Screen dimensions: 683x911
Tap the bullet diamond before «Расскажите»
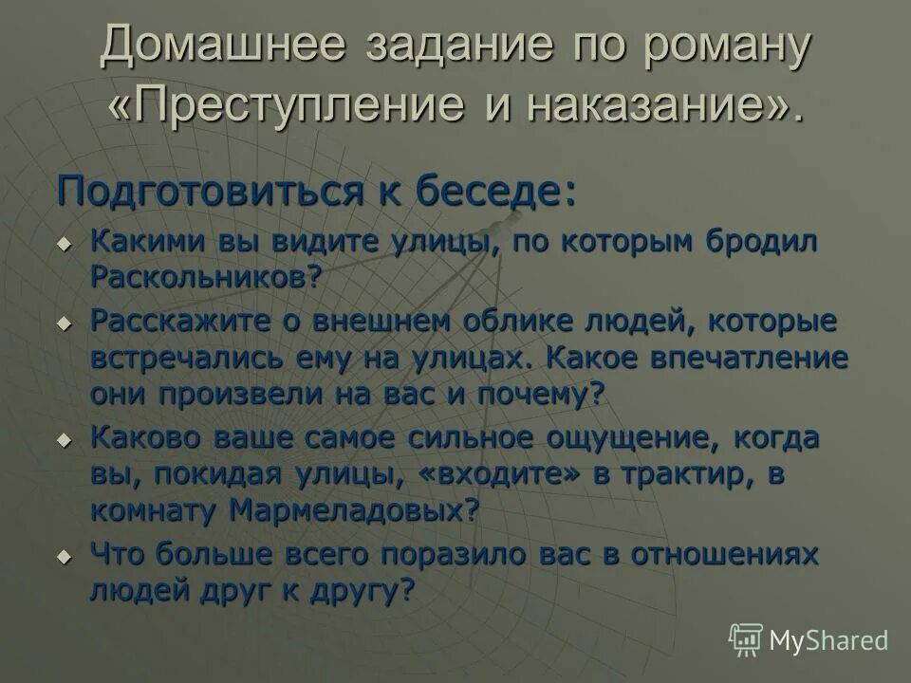[65, 323]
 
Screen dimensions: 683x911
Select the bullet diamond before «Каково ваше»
[65, 440]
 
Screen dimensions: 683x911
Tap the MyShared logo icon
[746, 639]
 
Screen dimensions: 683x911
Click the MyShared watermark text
[828, 640]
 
